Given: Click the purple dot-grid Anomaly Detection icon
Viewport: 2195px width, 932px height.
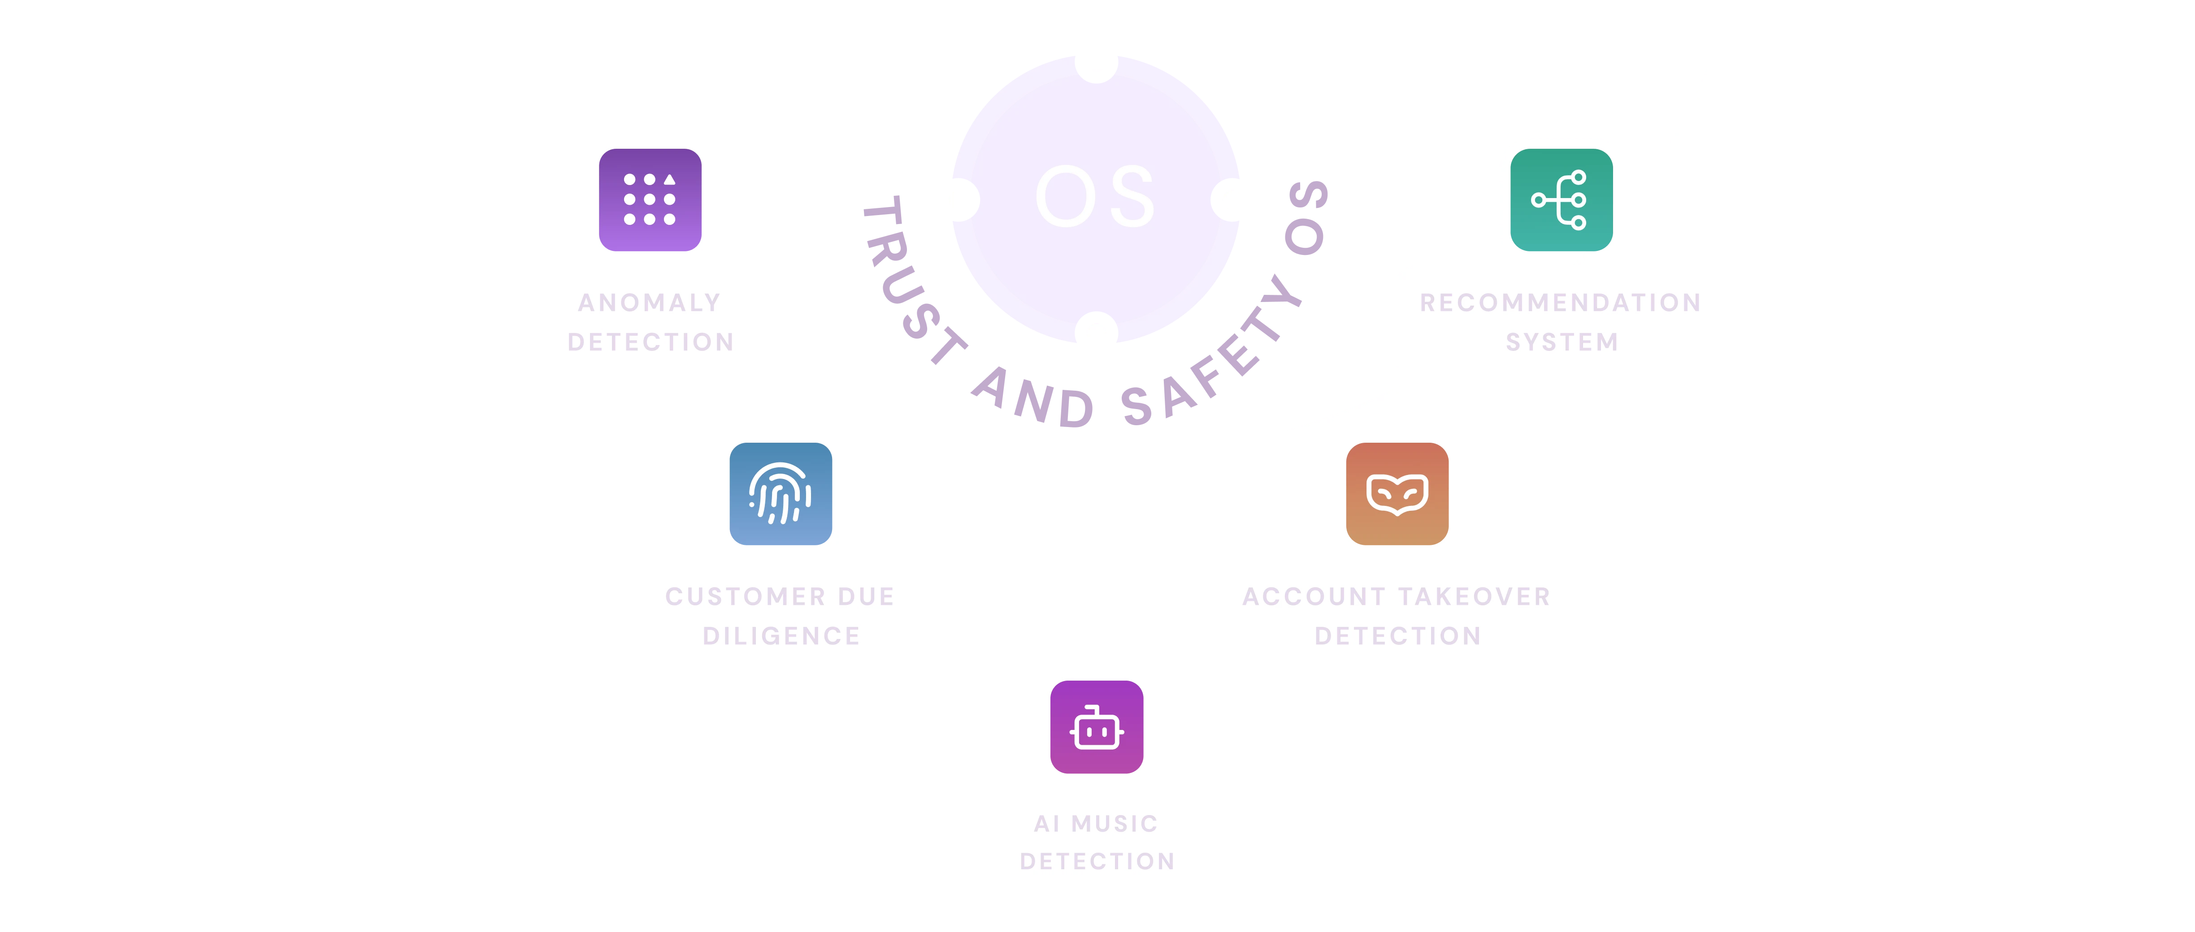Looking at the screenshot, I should tap(650, 200).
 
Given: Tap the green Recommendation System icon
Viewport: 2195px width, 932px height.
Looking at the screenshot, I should tap(1561, 200).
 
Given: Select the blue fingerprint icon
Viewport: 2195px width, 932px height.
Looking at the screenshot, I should tap(781, 494).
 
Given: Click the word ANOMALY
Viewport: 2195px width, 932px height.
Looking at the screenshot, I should tap(650, 302).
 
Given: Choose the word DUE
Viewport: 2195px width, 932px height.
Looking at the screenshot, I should tap(866, 596).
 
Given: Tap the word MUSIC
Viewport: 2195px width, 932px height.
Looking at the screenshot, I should tap(1115, 824).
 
